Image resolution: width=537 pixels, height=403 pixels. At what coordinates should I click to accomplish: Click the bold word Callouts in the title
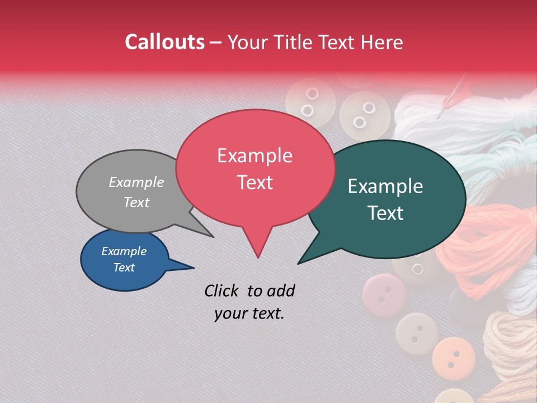click(164, 42)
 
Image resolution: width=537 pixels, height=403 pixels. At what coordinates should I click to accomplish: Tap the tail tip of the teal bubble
click(299, 263)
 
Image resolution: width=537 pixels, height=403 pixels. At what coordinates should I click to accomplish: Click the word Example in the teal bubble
click(385, 186)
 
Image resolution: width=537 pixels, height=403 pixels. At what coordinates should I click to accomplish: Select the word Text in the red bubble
click(255, 182)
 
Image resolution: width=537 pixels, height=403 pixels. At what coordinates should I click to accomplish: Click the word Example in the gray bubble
click(136, 182)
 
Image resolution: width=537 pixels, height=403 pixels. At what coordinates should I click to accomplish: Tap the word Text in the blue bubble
click(124, 268)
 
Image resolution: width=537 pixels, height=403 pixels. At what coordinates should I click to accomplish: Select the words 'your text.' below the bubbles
click(249, 313)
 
